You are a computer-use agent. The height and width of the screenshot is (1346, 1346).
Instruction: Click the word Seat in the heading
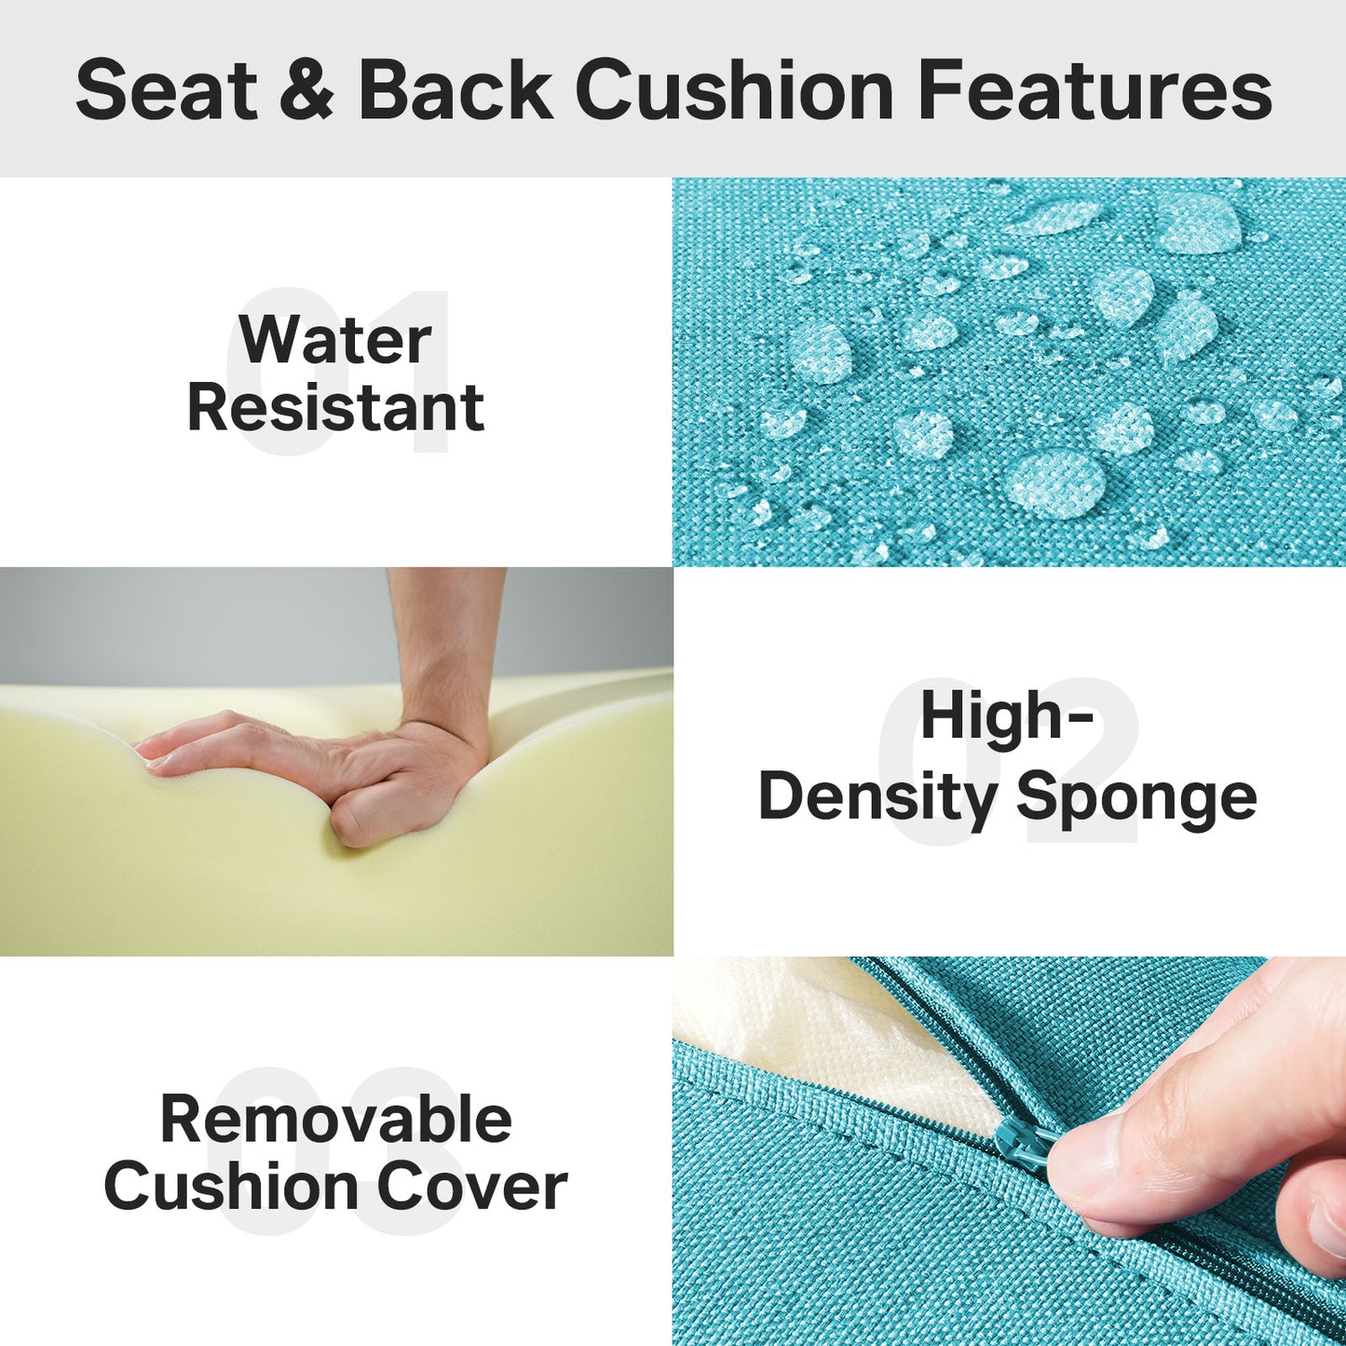(x=166, y=90)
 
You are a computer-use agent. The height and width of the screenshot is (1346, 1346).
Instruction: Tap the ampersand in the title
(x=306, y=90)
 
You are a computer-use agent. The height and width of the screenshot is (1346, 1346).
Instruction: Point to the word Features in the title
(x=1094, y=90)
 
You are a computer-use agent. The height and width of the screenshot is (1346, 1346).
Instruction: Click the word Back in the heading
(x=455, y=90)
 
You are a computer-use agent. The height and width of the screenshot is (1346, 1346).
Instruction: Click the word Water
(x=335, y=340)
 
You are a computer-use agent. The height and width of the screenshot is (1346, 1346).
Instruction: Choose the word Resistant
(x=335, y=408)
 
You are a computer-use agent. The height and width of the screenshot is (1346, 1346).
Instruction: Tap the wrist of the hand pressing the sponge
(x=447, y=652)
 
